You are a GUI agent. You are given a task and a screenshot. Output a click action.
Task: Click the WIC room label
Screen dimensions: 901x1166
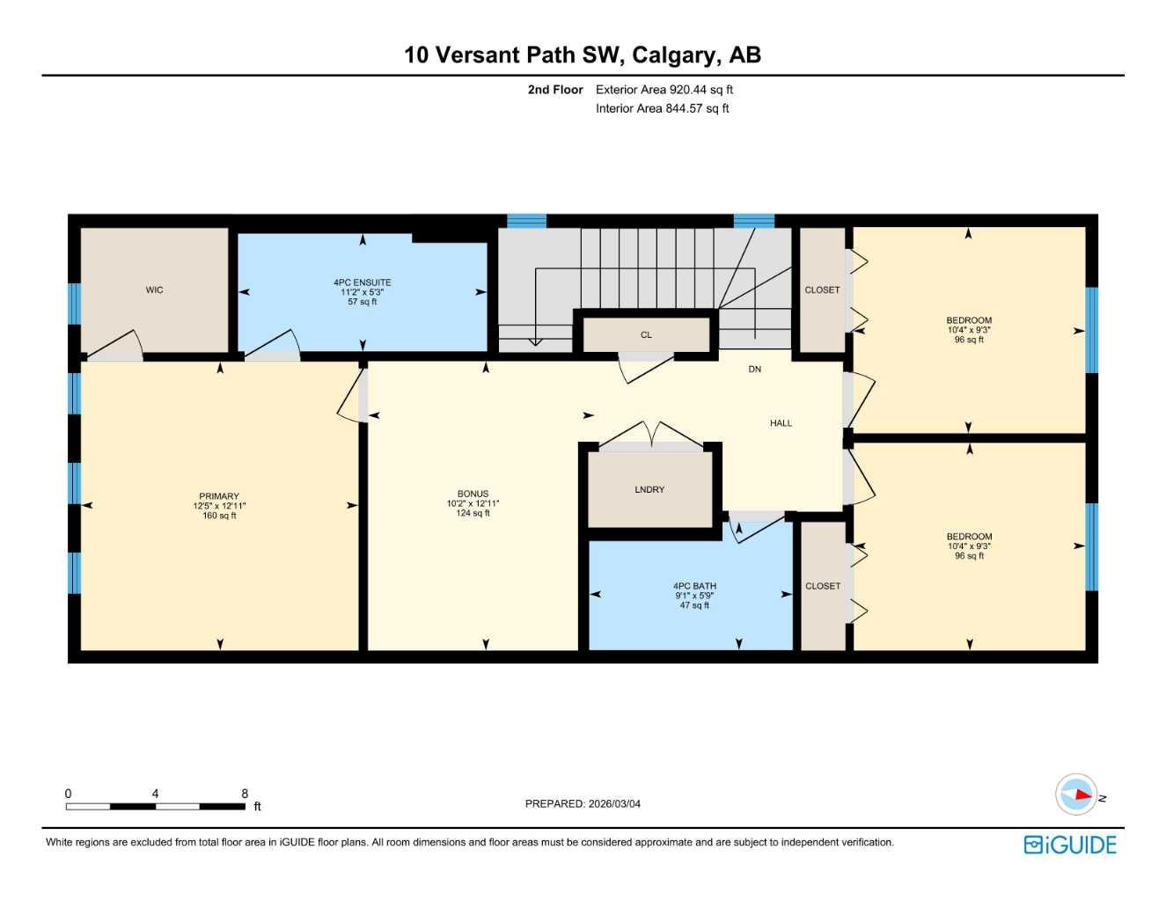[x=154, y=289]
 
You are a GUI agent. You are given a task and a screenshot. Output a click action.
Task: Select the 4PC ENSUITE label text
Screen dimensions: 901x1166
[x=362, y=282]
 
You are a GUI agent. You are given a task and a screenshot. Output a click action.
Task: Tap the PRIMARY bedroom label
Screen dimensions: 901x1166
[x=219, y=496]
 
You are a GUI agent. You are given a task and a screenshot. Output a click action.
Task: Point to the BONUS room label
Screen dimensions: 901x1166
[x=473, y=494]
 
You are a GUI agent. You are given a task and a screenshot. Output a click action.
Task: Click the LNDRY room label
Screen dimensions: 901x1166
[x=649, y=489]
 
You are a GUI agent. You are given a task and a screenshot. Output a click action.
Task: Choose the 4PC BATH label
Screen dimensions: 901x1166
[x=694, y=586]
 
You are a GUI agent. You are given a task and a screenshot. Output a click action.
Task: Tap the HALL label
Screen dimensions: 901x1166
[x=781, y=423]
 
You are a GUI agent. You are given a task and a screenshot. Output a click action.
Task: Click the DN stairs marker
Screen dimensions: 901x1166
[x=754, y=370]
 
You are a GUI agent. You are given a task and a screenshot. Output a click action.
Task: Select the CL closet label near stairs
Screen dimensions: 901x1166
[x=646, y=335]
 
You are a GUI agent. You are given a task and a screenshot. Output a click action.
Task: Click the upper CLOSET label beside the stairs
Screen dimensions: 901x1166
[x=822, y=289]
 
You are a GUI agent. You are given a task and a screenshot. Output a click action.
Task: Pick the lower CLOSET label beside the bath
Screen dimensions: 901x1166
[x=823, y=586]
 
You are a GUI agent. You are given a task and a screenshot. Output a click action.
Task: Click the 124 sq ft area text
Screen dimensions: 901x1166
[x=473, y=514]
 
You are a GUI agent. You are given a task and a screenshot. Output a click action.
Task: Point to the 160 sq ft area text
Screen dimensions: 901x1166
[x=219, y=516]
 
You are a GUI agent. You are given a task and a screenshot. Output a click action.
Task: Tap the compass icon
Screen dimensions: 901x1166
[x=1077, y=795]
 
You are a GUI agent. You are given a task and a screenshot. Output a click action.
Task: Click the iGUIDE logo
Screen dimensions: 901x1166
[x=1070, y=845]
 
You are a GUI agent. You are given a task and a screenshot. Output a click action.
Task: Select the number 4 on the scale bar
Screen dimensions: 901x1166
[x=155, y=794]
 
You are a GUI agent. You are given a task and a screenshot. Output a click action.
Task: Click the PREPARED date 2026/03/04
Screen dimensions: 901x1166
[x=614, y=803]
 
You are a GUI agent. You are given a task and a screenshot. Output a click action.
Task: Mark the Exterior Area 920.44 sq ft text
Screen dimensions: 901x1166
[x=664, y=90]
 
